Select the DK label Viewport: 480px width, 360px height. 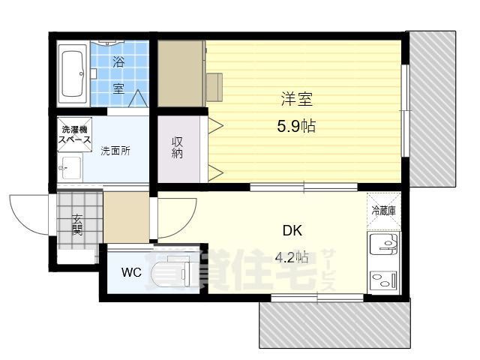click(x=292, y=230)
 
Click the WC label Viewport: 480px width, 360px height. click(x=130, y=271)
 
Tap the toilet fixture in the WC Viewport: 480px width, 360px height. click(x=174, y=271)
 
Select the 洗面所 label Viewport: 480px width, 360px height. click(x=115, y=150)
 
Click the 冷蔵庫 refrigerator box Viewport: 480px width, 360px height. click(x=385, y=211)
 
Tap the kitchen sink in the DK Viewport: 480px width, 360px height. click(x=385, y=246)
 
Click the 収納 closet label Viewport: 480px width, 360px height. click(x=178, y=147)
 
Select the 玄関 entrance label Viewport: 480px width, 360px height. click(x=77, y=224)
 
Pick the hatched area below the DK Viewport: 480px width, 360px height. click(x=335, y=322)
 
